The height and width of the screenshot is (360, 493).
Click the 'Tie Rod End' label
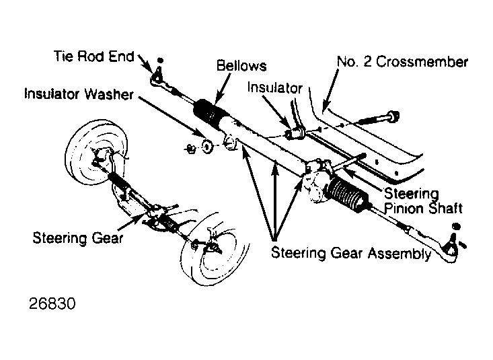(x=94, y=57)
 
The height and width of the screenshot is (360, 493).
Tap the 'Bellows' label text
(x=241, y=65)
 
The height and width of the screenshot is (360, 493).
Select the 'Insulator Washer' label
(x=79, y=94)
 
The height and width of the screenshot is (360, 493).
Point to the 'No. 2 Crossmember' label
(x=402, y=62)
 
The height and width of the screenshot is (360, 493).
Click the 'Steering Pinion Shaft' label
(x=423, y=201)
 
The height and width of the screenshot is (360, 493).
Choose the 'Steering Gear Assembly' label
(x=351, y=253)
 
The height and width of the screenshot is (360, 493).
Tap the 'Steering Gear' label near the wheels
(x=77, y=238)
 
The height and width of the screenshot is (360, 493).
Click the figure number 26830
(x=52, y=303)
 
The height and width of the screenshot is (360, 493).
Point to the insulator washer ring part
(x=206, y=146)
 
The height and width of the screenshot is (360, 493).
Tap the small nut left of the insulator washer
(x=190, y=148)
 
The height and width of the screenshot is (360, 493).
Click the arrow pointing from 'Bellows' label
(x=223, y=88)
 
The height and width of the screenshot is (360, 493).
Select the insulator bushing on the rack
(x=296, y=133)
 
